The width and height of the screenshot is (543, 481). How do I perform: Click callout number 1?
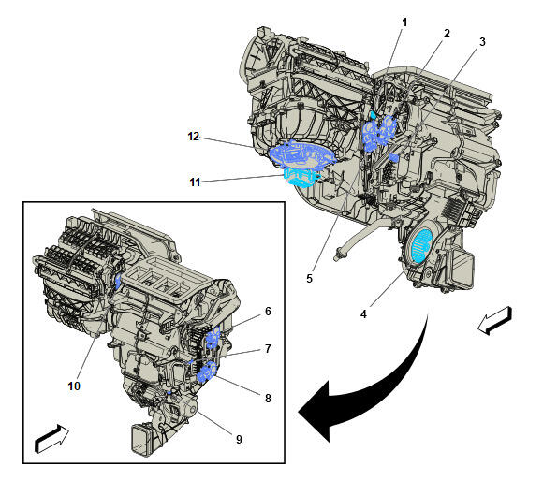pyautogui.click(x=404, y=22)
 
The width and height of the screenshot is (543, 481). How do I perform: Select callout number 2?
pyautogui.click(x=447, y=34)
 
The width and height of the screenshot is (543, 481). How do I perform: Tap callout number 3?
pyautogui.click(x=482, y=42)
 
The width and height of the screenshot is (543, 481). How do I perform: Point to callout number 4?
pyautogui.click(x=363, y=314)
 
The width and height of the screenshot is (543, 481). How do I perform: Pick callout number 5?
pyautogui.click(x=309, y=278)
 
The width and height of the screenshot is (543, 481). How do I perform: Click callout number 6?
pyautogui.click(x=268, y=311)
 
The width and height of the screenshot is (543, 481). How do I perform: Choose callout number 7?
pyautogui.click(x=268, y=348)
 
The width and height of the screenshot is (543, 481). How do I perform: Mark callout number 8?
pyautogui.click(x=268, y=399)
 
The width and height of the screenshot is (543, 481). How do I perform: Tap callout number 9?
pyautogui.click(x=239, y=440)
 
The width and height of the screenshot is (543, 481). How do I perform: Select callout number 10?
pyautogui.click(x=74, y=386)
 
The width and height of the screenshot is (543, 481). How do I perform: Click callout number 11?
pyautogui.click(x=195, y=182)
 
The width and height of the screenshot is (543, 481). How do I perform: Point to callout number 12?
pyautogui.click(x=194, y=137)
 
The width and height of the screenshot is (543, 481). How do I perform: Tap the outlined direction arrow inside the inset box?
pyautogui.click(x=51, y=439)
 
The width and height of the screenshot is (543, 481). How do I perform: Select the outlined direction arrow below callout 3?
pyautogui.click(x=494, y=320)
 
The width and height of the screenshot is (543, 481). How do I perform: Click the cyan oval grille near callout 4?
pyautogui.click(x=420, y=246)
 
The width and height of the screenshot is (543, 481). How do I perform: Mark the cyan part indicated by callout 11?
pyautogui.click(x=301, y=177)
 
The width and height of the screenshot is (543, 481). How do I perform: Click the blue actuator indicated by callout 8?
pyautogui.click(x=207, y=372)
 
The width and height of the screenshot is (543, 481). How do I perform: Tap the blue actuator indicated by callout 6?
pyautogui.click(x=213, y=338)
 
